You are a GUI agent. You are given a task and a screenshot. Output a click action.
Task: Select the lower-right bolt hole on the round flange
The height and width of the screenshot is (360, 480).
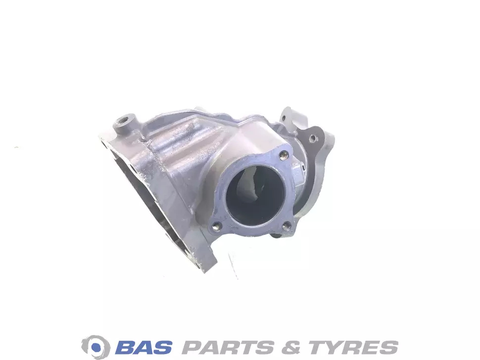[x=286, y=226]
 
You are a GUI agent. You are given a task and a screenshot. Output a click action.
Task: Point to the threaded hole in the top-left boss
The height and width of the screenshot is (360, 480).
[x=126, y=118]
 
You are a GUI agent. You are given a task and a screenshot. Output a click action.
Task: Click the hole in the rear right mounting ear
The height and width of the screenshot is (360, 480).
[x=312, y=138]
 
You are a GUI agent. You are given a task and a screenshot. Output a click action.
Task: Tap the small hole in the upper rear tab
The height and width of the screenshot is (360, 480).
[x=284, y=117]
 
